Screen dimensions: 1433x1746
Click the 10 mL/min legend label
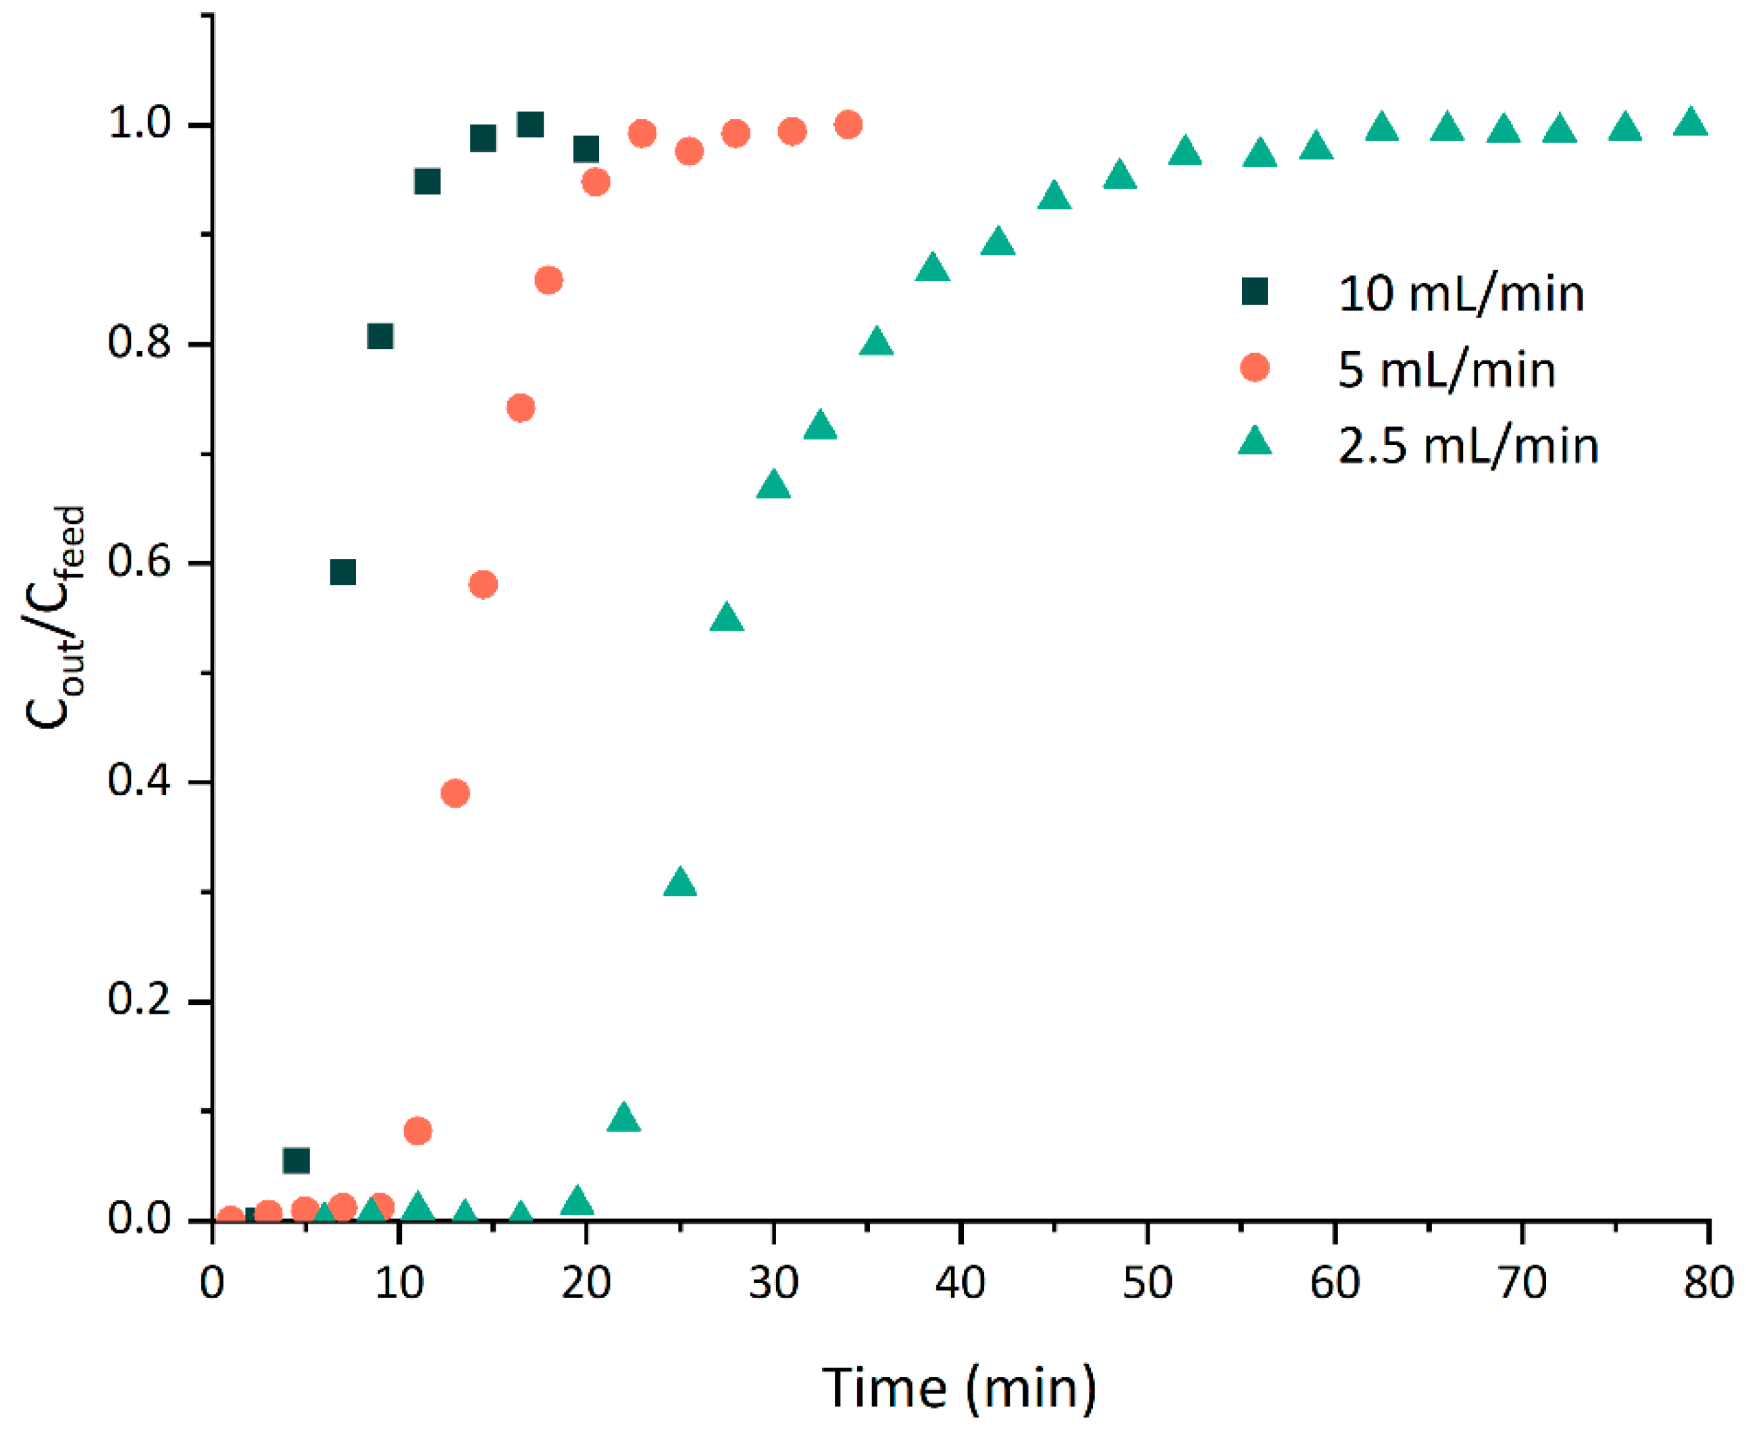pos(1460,293)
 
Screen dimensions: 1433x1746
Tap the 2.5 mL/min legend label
pos(1468,445)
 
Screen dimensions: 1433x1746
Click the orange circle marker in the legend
pos(1254,367)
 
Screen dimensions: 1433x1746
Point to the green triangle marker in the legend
pos(1254,442)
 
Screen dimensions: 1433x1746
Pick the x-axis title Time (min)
pos(958,1388)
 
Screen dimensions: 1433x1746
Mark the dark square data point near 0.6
pos(342,572)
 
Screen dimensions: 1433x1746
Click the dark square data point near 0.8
pos(380,336)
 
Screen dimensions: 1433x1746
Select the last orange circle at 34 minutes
pos(848,125)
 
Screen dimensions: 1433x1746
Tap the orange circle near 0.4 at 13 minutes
pos(455,793)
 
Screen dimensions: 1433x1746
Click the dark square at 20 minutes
pos(586,149)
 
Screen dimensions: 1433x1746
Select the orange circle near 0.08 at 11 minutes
pos(417,1130)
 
